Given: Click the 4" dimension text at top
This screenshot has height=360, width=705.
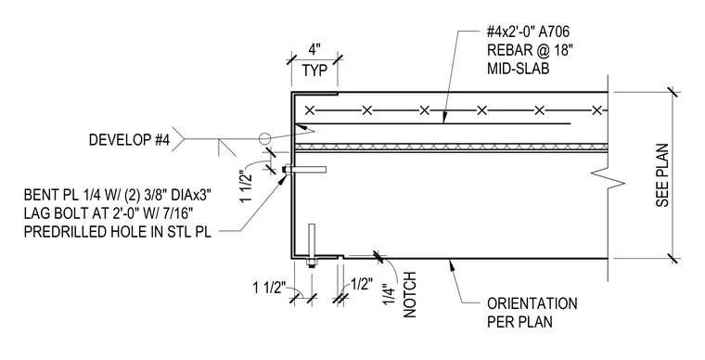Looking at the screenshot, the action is click(314, 50).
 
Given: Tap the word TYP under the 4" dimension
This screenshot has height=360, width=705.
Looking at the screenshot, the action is click(314, 71).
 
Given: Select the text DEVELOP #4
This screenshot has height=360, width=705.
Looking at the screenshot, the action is click(130, 140).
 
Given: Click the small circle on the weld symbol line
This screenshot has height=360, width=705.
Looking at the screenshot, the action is click(265, 139).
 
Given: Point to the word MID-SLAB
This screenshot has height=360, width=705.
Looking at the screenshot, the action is click(518, 69).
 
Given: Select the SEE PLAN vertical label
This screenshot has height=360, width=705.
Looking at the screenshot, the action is click(661, 175).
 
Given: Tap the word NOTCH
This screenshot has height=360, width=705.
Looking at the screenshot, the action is click(410, 295).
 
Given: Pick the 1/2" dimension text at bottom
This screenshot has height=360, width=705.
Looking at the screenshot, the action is click(362, 284).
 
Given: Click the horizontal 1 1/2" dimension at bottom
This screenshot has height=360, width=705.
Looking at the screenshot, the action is click(269, 288).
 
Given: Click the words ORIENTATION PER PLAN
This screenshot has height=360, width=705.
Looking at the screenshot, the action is click(532, 313).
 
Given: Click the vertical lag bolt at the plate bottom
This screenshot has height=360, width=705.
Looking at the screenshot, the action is click(312, 246).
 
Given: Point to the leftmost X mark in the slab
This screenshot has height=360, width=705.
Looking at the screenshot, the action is click(309, 110).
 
